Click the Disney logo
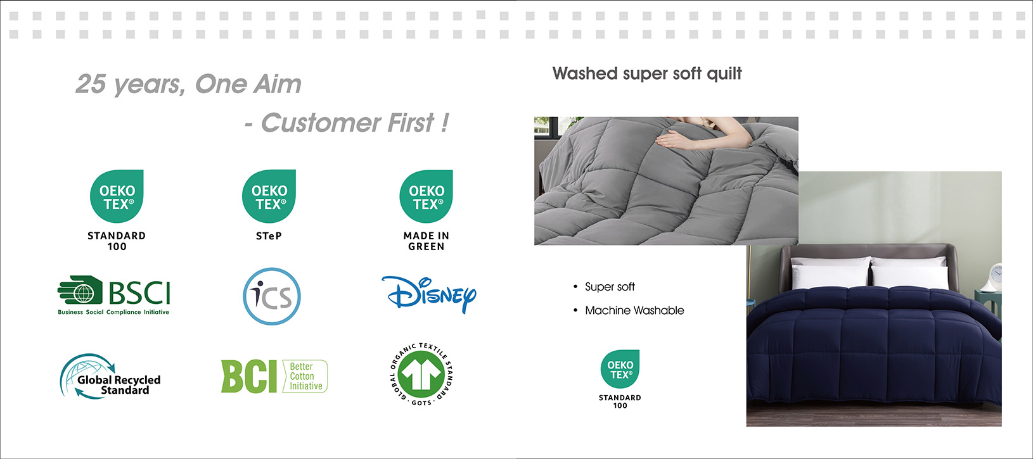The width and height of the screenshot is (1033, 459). point(429,295)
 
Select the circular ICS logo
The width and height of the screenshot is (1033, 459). point(272,296)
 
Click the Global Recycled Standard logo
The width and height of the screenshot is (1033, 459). point(110,377)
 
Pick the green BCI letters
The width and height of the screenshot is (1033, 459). point(248,377)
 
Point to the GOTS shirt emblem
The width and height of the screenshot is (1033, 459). point(421,374)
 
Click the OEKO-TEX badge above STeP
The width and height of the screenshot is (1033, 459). point(269,196)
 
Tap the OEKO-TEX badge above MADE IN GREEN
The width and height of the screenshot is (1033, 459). point(427,196)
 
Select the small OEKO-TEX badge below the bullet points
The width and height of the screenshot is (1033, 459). point(620,369)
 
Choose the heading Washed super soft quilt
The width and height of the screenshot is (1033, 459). point(647,73)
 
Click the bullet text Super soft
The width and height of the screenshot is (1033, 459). point(610,287)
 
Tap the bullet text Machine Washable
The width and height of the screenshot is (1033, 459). point(634,311)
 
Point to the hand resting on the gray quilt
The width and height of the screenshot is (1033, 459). point(678,140)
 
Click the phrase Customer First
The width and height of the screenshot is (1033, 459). point(347,123)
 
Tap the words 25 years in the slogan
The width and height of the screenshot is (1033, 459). point(131,84)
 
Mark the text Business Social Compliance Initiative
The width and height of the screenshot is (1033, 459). point(113,312)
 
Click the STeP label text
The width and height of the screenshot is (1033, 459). point(269,236)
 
